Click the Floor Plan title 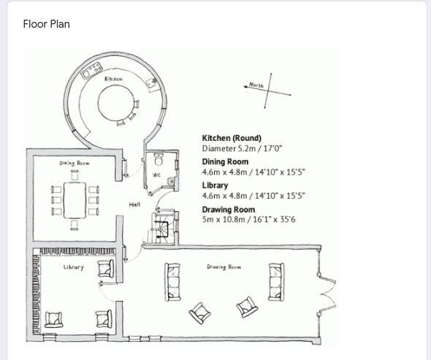(47, 24)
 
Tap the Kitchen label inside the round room (113, 79)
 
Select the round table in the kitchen (117, 103)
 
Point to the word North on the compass (256, 85)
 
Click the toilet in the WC (159, 159)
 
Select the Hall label (134, 204)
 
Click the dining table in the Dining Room (75, 200)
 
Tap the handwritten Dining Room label (75, 164)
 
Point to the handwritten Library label (73, 267)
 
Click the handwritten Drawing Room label (224, 267)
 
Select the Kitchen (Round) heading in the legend (232, 138)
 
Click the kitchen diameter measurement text (242, 149)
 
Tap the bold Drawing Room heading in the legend (229, 210)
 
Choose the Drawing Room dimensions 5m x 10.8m (249, 219)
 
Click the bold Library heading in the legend (215, 185)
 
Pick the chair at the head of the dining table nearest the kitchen (75, 175)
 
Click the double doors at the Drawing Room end (327, 294)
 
